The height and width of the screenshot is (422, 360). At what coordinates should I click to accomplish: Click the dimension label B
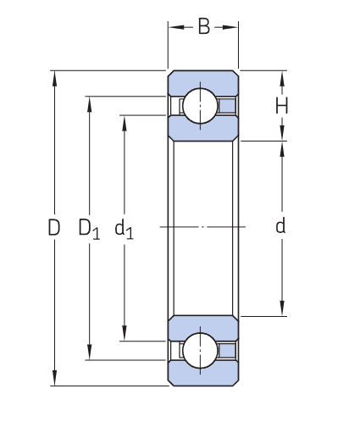pos(203,26)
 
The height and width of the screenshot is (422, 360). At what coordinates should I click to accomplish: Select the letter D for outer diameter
pos(54,227)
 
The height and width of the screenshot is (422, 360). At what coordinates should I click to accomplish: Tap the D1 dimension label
pos(89,228)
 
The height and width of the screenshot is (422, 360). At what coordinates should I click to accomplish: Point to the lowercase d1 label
pos(124,228)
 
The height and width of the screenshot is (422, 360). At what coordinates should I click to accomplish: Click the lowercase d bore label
pos(280,226)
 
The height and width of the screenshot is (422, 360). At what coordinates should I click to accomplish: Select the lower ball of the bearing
pos(202,350)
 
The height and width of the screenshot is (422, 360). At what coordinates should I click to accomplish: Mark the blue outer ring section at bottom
pos(202,375)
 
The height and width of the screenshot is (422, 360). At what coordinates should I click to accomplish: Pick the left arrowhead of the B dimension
pos(172,27)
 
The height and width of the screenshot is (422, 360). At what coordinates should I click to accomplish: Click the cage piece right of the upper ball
pos(229,105)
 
